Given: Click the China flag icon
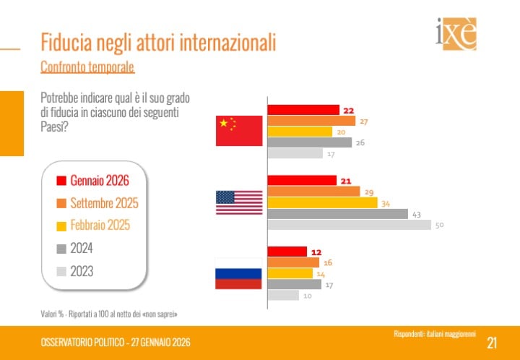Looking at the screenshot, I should click(239, 131).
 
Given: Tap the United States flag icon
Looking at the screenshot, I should click(239, 202).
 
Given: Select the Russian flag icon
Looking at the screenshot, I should click(238, 273).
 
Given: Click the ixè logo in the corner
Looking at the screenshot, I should click(456, 34).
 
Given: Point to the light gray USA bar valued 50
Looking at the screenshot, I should click(350, 225).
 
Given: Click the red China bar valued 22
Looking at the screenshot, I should click(303, 110).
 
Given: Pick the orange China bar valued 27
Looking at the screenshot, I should click(311, 121).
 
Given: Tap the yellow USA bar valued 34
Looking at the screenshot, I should click(322, 203).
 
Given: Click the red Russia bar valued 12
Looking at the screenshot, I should click(287, 252).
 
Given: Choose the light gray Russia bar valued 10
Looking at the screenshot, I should click(283, 295).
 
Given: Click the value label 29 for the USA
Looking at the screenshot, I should click(370, 192).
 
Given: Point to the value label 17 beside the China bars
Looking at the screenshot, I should click(331, 154).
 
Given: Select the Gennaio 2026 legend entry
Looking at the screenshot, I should click(99, 181).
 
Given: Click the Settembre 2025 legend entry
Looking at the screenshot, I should click(104, 203).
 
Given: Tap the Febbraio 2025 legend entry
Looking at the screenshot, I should click(100, 226).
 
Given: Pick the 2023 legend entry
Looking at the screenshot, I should click(82, 272).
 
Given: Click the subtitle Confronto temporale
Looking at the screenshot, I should click(87, 67).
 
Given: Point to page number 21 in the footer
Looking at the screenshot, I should click(492, 342).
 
